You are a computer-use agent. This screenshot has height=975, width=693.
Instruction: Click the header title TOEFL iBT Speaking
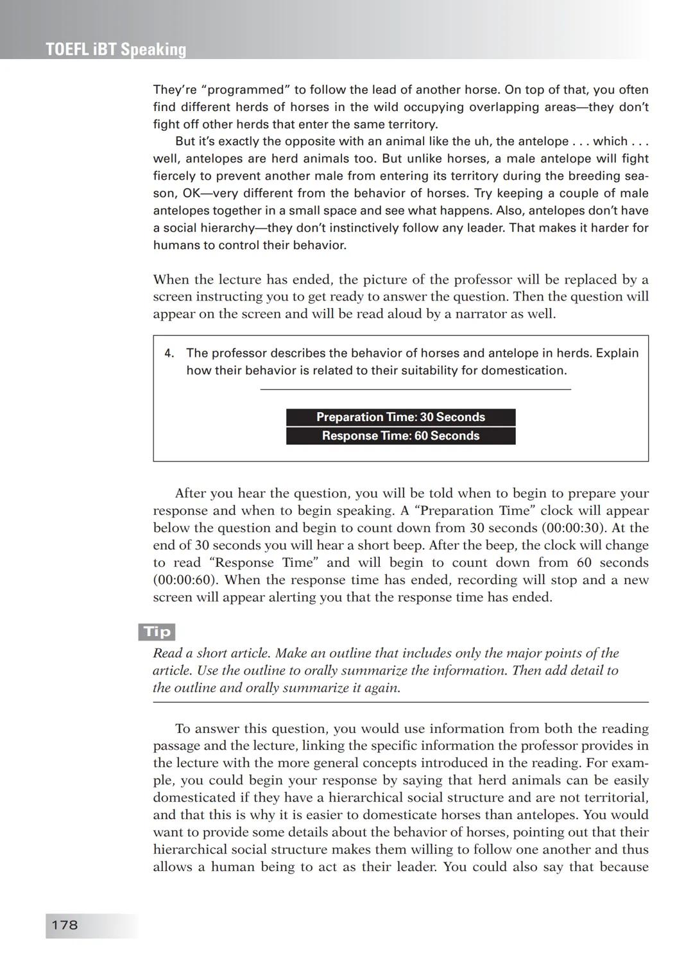pyautogui.click(x=116, y=49)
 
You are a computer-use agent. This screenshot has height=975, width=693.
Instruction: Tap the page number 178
pyautogui.click(x=64, y=925)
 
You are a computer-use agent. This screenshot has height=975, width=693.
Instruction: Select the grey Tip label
pyautogui.click(x=157, y=632)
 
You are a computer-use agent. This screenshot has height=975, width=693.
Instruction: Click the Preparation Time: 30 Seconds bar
pyautogui.click(x=400, y=417)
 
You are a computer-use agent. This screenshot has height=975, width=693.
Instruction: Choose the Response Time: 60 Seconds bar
pyautogui.click(x=400, y=436)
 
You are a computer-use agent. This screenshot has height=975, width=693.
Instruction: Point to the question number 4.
pyautogui.click(x=169, y=353)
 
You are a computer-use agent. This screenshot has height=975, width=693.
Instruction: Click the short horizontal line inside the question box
pyautogui.click(x=415, y=389)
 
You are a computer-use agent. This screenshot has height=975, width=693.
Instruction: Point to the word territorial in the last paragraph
pyautogui.click(x=615, y=797)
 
